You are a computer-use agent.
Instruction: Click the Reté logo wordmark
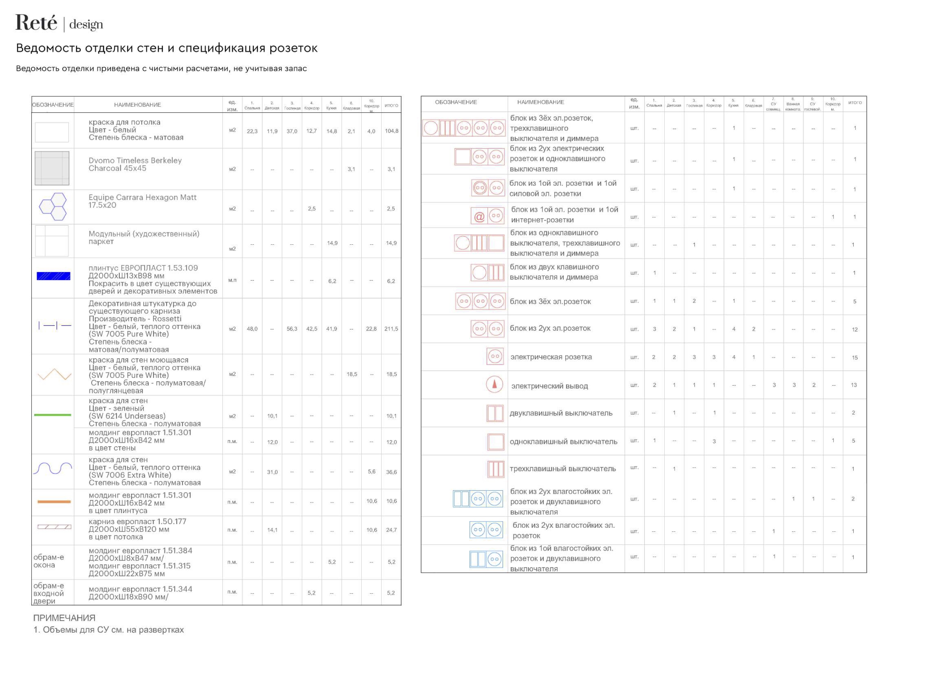coord(36,23)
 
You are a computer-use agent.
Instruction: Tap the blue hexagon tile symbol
coord(53,207)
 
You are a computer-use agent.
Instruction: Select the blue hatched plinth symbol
coord(53,276)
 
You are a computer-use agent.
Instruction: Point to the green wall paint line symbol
coord(53,415)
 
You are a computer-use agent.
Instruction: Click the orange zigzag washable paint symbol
coord(54,374)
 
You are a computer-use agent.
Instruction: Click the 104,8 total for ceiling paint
coord(391,131)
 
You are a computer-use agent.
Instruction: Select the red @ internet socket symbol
coord(479,217)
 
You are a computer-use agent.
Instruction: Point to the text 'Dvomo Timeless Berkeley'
coord(135,161)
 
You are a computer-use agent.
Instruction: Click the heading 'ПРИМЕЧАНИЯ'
coord(64,618)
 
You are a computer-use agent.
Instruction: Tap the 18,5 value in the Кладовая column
coord(352,374)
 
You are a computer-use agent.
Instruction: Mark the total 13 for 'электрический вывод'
coord(853,385)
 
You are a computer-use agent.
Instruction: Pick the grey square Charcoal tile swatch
coord(52,168)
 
